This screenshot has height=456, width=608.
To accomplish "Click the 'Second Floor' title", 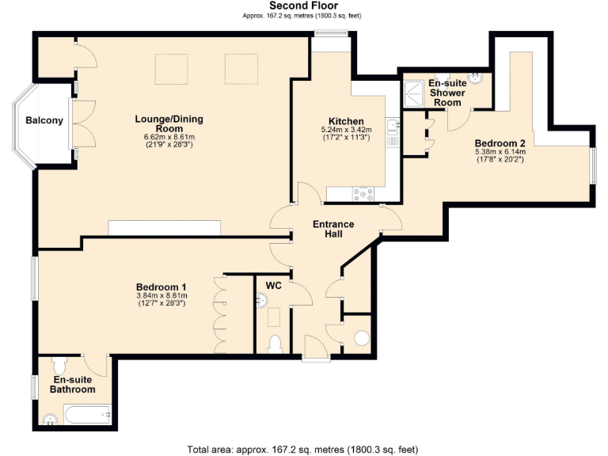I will click(303, 6).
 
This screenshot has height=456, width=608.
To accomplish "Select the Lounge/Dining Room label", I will click(169, 123).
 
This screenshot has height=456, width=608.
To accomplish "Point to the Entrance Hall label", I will click(333, 229).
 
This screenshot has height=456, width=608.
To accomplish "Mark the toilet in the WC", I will click(274, 344).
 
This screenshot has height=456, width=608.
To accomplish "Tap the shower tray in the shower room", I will click(412, 91).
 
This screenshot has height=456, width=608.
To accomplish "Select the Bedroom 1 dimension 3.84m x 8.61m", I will click(161, 295).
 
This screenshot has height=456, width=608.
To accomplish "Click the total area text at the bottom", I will click(303, 450).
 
